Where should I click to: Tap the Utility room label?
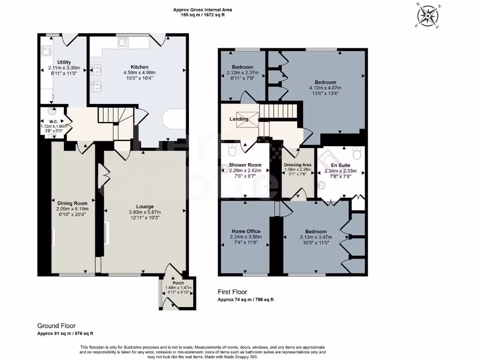64,62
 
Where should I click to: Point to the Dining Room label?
69,203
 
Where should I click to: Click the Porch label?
178,283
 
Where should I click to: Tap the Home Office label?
246,231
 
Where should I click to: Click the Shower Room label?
245,165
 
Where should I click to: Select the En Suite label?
340,165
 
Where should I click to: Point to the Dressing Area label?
298,165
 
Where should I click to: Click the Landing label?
239,119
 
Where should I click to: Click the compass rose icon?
427,15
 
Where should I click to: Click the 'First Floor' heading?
232,292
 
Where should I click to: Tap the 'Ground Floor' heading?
56,326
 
